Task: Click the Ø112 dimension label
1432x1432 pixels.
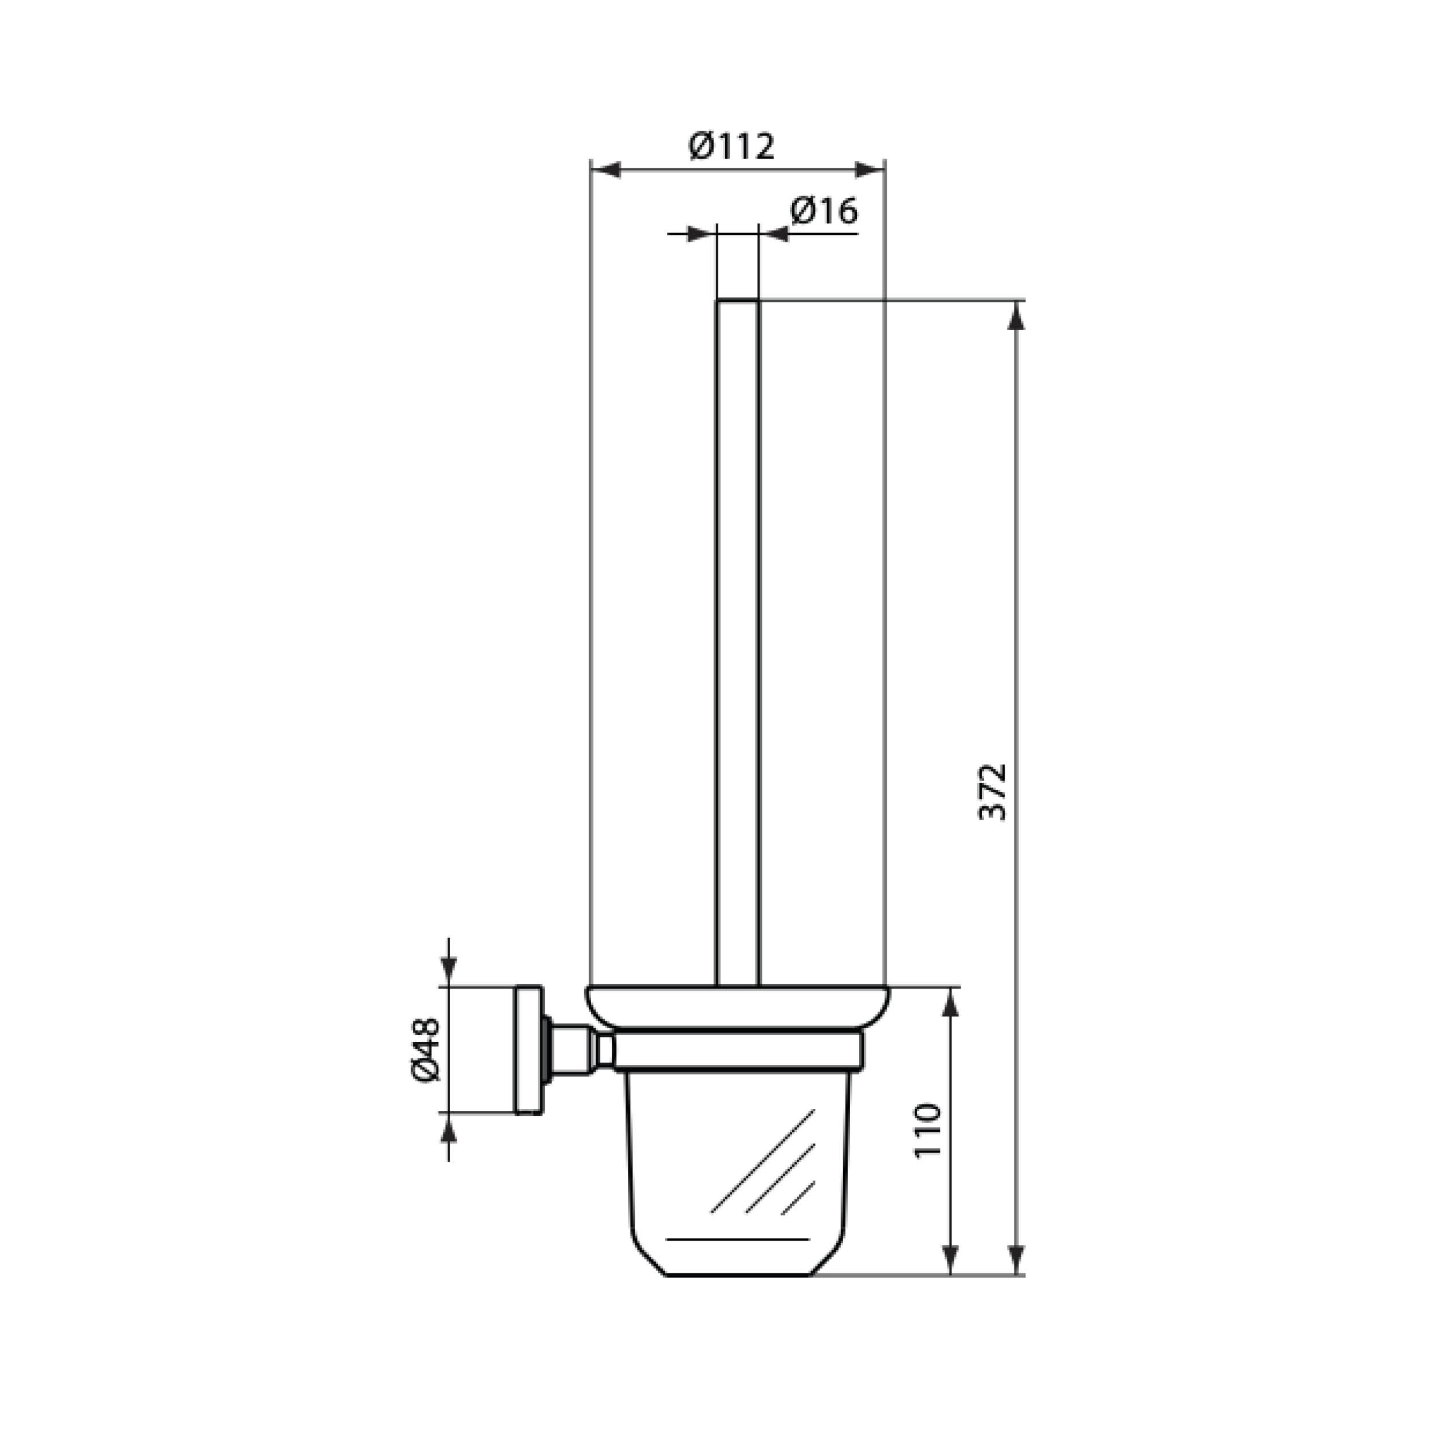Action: pos(731,146)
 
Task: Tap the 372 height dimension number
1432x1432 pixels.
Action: pos(993,791)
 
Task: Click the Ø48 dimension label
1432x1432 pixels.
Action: pos(426,1049)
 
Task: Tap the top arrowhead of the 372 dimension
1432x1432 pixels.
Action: pos(1017,316)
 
